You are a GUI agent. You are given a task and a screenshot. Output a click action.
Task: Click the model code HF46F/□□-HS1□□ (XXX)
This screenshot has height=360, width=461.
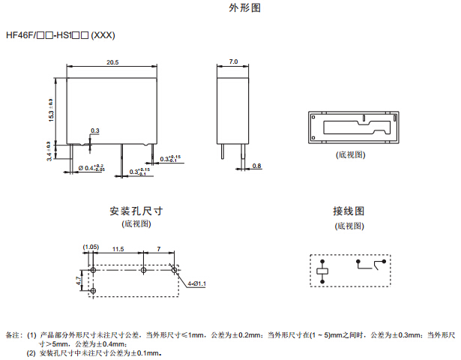(60, 34)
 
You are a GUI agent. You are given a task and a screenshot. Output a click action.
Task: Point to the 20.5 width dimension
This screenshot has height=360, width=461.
(112, 62)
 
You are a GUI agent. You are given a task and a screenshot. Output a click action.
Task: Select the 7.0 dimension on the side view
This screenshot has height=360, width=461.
(233, 62)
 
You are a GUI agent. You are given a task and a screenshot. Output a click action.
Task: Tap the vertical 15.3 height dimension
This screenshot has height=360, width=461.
(51, 110)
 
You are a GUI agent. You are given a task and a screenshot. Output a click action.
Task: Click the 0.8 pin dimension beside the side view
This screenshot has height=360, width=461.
(256, 165)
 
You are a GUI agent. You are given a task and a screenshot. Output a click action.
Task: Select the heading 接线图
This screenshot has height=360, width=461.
(349, 211)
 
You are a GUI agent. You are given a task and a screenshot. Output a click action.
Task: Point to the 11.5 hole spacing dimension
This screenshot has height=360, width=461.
(118, 247)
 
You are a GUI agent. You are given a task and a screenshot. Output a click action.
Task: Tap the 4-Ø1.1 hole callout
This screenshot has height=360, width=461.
(196, 283)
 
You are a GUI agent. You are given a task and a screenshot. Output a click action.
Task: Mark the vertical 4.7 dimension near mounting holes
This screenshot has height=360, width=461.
(79, 280)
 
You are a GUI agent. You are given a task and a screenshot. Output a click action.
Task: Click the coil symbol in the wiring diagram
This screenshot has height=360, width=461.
(324, 270)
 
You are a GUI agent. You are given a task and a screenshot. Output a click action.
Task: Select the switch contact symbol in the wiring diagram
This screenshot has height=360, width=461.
(371, 263)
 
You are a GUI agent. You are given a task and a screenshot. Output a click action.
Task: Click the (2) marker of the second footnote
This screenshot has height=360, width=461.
(31, 352)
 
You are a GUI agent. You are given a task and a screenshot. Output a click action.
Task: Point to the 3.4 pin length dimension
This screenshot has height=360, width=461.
(49, 151)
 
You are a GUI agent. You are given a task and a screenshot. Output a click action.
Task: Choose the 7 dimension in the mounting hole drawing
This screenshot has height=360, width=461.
(158, 247)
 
